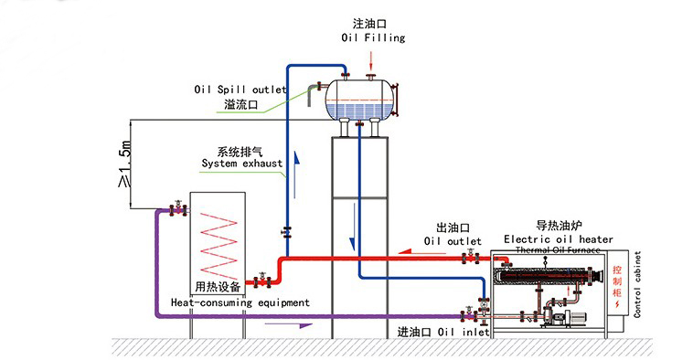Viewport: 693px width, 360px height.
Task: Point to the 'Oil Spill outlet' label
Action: [x=240, y=90]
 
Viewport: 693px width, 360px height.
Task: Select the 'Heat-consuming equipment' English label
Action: [x=240, y=302]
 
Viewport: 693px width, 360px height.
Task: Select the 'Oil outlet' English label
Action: [x=453, y=241]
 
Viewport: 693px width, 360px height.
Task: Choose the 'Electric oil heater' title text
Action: [x=559, y=238]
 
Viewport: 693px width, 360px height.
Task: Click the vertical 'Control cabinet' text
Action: [x=638, y=284]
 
